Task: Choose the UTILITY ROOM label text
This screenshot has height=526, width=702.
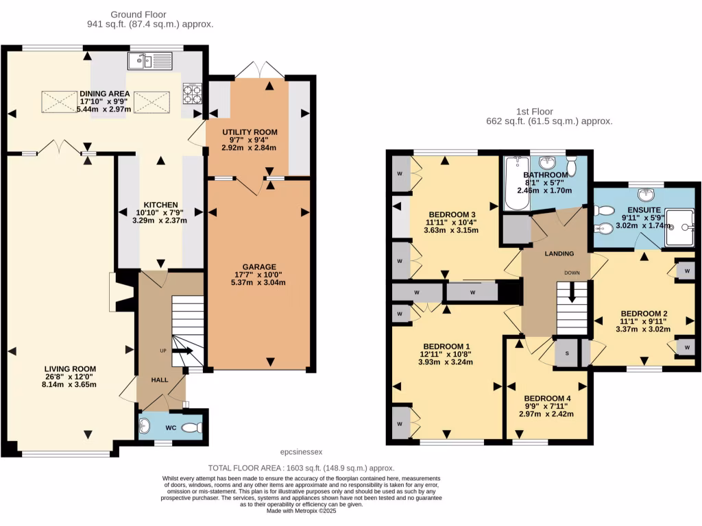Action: click(250, 131)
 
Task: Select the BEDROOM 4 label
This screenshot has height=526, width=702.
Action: click(547, 398)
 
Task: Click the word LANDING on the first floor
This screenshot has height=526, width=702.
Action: click(559, 254)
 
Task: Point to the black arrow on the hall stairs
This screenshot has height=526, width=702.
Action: click(181, 350)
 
